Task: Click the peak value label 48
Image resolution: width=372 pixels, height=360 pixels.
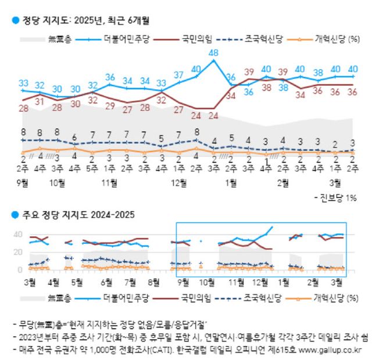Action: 214,53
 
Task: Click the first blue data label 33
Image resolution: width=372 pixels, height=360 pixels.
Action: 24,83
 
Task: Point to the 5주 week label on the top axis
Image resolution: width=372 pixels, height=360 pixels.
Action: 92,169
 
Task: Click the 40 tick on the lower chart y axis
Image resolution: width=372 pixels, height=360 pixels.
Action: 17,235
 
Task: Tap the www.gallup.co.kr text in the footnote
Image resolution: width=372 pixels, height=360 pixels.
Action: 328,350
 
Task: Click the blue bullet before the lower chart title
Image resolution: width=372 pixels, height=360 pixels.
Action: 16,214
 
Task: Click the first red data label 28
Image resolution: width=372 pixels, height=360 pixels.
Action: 24,108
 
